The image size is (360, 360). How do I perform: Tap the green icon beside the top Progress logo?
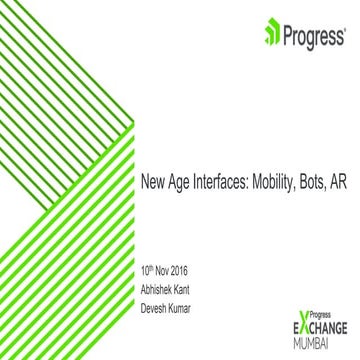271,36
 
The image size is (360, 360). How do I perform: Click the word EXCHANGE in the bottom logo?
320,328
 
